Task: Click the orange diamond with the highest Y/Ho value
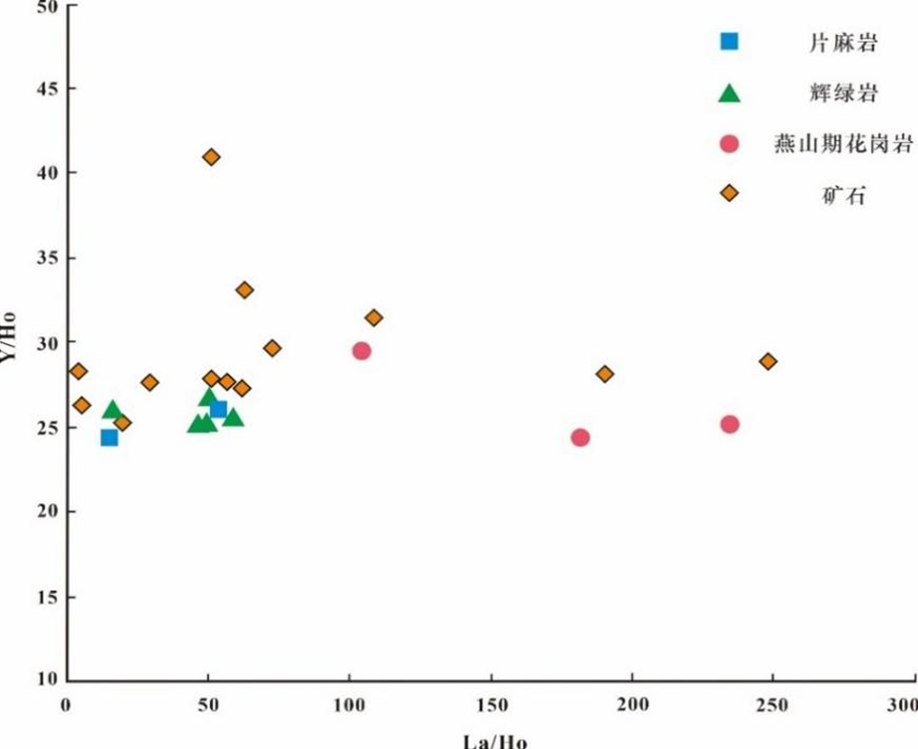coord(211,158)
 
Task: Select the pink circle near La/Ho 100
coord(361,351)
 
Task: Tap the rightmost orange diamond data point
coord(768,362)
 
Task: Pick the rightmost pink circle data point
coord(730,424)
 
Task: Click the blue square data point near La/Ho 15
coord(109,438)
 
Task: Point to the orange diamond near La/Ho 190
coord(605,374)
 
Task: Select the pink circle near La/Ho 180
coord(580,437)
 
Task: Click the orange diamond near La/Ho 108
coord(374,318)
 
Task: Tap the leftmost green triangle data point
coord(112,409)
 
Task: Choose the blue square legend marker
coord(729,41)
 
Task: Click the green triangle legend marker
coord(729,94)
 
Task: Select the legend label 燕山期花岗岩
coord(843,144)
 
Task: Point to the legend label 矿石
coord(843,196)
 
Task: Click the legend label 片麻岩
coord(843,43)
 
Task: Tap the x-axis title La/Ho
coord(494,741)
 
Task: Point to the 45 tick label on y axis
coord(47,89)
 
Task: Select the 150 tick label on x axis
coord(492,706)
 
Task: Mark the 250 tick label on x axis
coord(772,706)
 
